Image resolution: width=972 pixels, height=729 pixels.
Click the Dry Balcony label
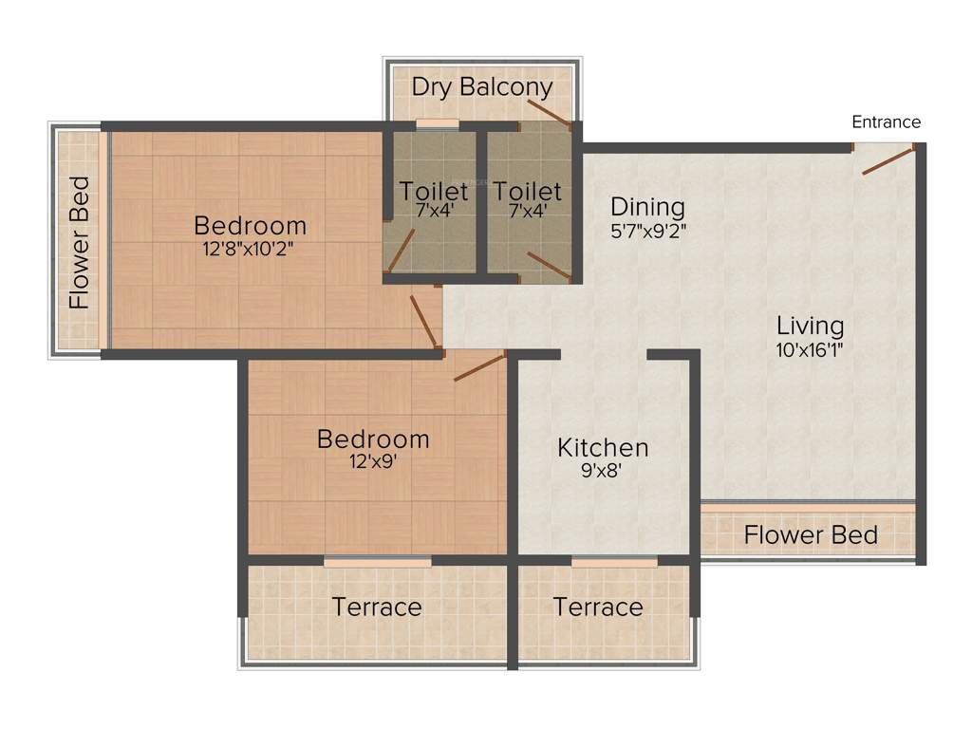pos(481,87)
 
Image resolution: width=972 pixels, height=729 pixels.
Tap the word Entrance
pos(886,121)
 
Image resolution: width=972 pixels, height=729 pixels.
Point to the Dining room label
pos(647,206)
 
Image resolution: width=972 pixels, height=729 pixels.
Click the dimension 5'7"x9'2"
pos(647,229)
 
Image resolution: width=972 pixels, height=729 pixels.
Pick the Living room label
pos(810,326)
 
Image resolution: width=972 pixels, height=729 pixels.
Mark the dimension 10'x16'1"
pos(810,348)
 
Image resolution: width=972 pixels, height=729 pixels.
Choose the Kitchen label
pos(603,447)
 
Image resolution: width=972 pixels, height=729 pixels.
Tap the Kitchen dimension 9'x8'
pos(601,469)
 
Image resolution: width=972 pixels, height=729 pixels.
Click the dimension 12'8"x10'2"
pos(250,249)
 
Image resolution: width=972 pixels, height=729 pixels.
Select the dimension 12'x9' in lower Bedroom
pos(373,463)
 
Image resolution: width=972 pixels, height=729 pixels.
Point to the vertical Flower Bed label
pos(80,243)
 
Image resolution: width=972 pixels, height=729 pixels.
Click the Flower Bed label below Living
pos(810,534)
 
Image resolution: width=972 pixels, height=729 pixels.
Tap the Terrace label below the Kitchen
pos(598,607)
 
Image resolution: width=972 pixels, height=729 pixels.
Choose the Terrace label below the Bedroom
pos(377,607)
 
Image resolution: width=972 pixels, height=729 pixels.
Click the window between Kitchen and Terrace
pos(614,562)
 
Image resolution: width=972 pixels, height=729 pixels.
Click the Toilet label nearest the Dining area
pos(527,191)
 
